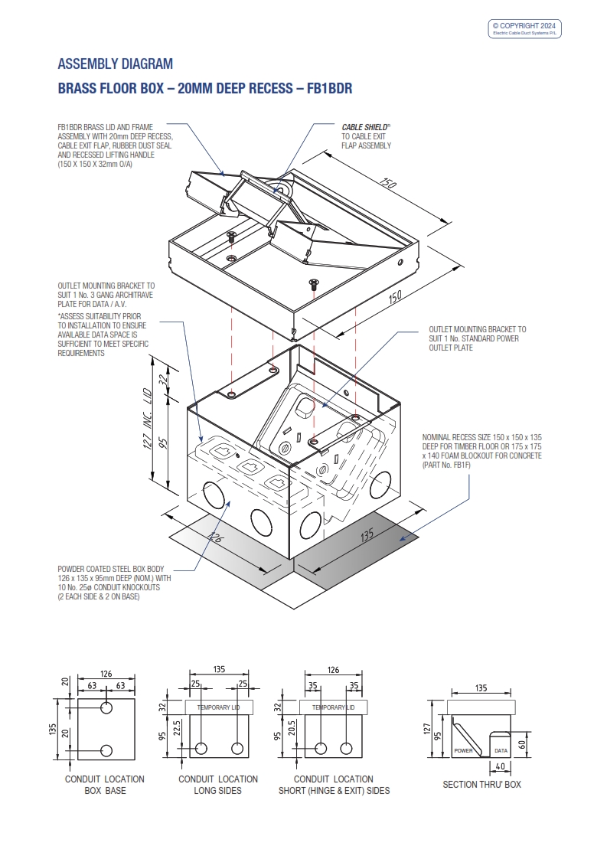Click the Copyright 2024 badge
coord(525,28)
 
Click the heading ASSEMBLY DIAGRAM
coord(116,64)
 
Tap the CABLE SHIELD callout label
coord(366,128)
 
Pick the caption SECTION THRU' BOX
coord(481,785)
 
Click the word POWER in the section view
coord(464,751)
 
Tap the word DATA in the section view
coord(501,751)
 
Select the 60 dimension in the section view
coord(522,743)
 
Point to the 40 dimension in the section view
coord(499,766)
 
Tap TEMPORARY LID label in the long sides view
coord(218,707)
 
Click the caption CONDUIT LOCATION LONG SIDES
coord(218,785)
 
